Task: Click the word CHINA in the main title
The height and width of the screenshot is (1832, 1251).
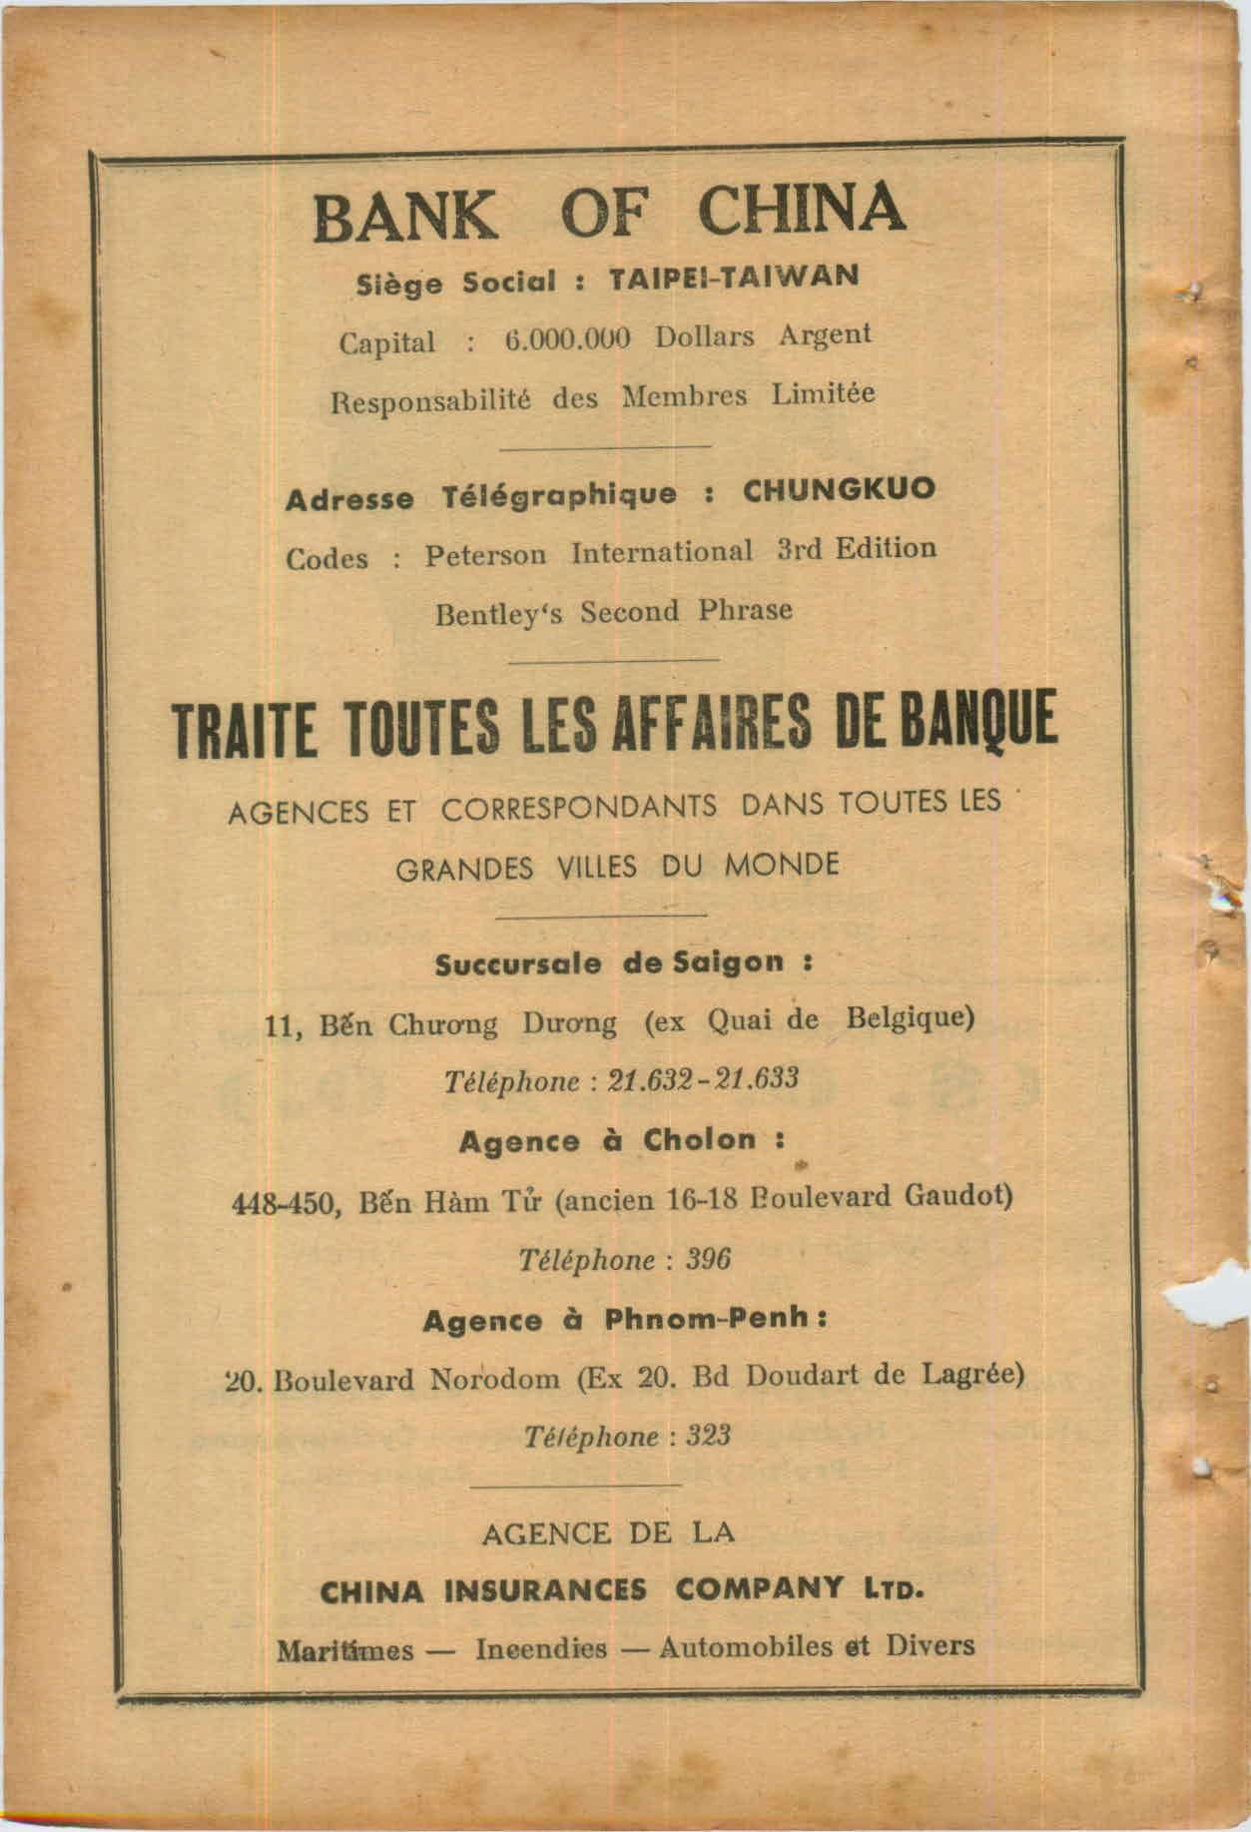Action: pos(801,209)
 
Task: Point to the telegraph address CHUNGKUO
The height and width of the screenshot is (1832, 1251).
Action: pos(838,489)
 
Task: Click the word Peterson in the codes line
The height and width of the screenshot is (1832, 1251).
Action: pos(485,554)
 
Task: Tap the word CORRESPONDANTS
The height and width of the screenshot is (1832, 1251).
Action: pos(579,809)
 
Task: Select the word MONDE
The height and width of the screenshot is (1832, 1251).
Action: pos(782,865)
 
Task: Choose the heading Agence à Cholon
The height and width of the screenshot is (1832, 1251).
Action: pos(620,1141)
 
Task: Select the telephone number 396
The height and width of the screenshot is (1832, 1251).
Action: pos(709,1259)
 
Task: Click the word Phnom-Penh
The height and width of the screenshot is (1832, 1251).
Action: pos(708,1319)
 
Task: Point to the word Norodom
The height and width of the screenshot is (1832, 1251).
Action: pos(494,1380)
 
